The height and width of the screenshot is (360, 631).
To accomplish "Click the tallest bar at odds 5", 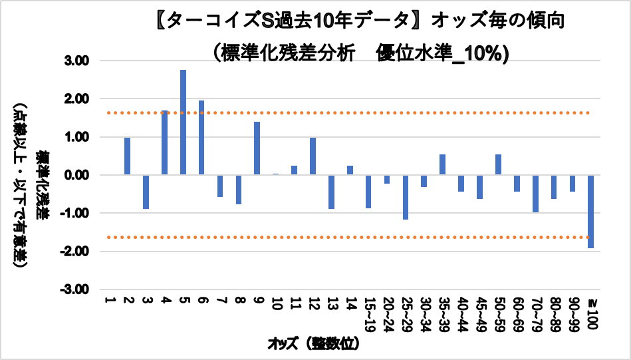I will point(183,122).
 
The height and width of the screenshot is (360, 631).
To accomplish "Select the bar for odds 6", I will point(201,138).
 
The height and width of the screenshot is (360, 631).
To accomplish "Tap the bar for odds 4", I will point(164,142).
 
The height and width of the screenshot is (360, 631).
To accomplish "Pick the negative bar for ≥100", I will point(590,212).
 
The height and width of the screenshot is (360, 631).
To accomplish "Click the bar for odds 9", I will point(257,148).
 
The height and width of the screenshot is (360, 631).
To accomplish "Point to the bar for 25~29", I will point(405,197).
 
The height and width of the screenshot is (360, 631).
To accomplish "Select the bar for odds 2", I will point(127,156).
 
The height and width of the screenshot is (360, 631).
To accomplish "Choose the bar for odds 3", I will point(146,192).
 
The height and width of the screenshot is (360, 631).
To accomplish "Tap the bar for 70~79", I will point(535,194).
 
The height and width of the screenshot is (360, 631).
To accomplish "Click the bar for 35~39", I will point(442,164).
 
